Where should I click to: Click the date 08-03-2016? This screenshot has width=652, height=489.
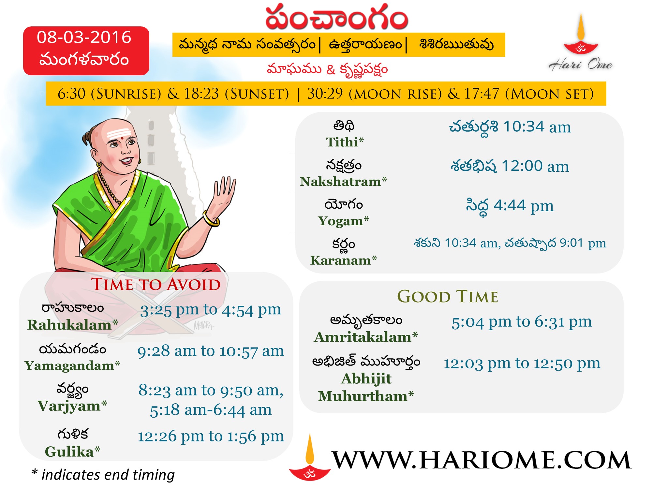(84, 37)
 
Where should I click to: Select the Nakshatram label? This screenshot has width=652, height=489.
(343, 182)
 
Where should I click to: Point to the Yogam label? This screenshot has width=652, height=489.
(344, 221)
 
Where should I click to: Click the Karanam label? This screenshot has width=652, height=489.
(343, 260)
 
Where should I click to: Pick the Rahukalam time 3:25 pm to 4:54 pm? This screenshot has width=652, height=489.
(211, 310)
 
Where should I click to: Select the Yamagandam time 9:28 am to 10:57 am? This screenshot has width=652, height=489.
(211, 351)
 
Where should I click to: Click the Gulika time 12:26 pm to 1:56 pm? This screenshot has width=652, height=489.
(211, 436)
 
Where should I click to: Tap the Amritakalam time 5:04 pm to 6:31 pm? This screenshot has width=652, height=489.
(522, 322)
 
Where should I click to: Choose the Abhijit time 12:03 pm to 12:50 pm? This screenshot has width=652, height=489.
(522, 363)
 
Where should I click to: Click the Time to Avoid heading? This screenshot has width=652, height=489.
(156, 284)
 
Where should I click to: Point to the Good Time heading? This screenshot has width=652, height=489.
(448, 296)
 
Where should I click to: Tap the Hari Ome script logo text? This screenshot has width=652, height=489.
(581, 64)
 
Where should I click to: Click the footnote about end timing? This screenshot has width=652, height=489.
(103, 475)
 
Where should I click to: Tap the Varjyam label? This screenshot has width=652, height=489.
(72, 406)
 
